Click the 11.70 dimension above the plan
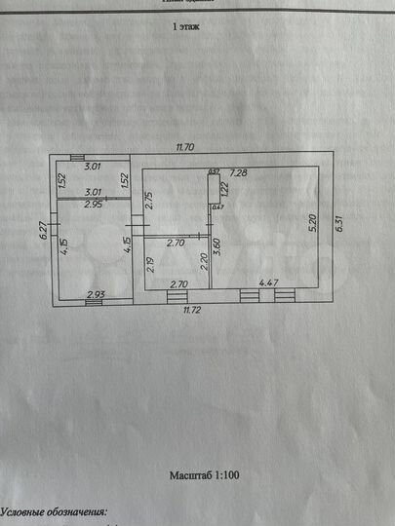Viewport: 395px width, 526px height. [x=185, y=147]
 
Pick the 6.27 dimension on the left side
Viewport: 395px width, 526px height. [x=44, y=230]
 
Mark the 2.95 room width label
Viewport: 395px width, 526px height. [x=93, y=206]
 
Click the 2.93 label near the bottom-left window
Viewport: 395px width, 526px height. [x=96, y=294]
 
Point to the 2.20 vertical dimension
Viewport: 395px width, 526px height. [x=203, y=261]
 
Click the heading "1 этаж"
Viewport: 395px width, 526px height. [x=185, y=30]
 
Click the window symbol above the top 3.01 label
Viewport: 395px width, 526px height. [x=76, y=158]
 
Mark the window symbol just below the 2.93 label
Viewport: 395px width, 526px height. [x=93, y=302]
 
